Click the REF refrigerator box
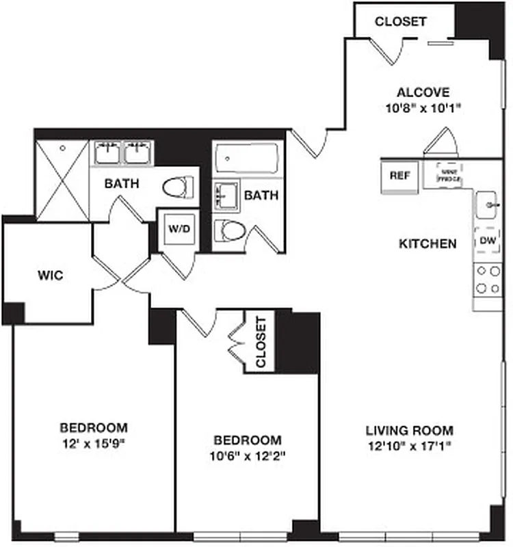pos(399,176)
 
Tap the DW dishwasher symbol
pos(487,241)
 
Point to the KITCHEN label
pos(428,243)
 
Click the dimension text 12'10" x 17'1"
pos(410,445)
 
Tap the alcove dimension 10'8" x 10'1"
pos(423,107)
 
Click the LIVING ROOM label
pos(409,430)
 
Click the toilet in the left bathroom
pos(179,186)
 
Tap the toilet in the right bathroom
pos(228,230)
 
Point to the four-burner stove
pos(487,280)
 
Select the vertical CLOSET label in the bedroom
pos(260,342)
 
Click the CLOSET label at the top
pos(400,21)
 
